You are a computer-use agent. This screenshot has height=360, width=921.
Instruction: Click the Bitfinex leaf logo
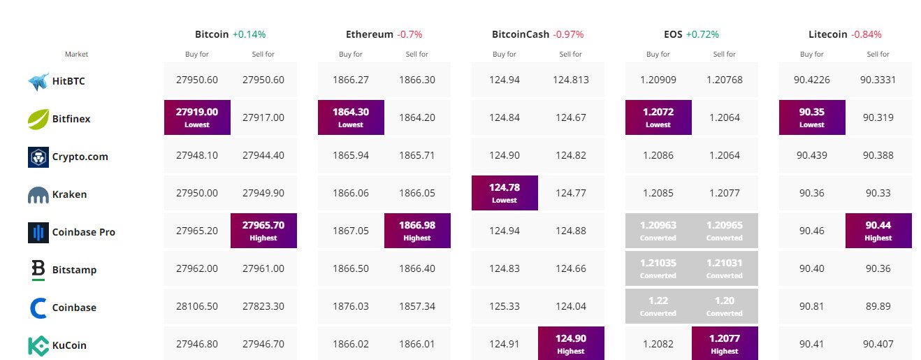pyautogui.click(x=38, y=119)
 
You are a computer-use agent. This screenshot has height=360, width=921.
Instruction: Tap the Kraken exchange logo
pyautogui.click(x=38, y=195)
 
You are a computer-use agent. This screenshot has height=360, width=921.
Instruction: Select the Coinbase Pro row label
pyautogui.click(x=83, y=232)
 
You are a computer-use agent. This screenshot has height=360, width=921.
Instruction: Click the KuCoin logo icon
pyautogui.click(x=38, y=345)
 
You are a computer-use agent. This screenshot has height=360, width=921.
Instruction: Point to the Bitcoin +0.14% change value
pyautogui.click(x=249, y=34)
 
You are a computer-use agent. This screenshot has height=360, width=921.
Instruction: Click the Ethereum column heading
pyautogui.click(x=369, y=34)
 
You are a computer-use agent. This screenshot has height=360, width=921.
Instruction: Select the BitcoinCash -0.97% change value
pyautogui.click(x=568, y=34)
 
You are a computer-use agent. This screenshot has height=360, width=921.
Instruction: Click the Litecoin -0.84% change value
pyautogui.click(x=866, y=34)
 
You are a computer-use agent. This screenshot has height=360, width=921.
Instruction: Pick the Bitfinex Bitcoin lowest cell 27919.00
pyautogui.click(x=197, y=117)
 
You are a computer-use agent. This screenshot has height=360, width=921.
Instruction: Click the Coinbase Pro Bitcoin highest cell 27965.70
pyautogui.click(x=263, y=230)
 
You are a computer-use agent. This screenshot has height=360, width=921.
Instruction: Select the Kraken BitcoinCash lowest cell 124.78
pyautogui.click(x=505, y=192)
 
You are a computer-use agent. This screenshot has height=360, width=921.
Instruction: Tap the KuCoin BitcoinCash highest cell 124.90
pyautogui.click(x=571, y=343)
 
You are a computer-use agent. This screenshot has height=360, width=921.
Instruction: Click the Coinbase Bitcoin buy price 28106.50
pyautogui.click(x=197, y=308)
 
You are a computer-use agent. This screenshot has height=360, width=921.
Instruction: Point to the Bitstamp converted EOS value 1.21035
pyautogui.click(x=658, y=268)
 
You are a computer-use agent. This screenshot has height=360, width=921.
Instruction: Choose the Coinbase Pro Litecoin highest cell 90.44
pyautogui.click(x=878, y=230)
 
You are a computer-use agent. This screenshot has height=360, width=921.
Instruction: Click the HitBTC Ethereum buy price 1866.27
pyautogui.click(x=351, y=80)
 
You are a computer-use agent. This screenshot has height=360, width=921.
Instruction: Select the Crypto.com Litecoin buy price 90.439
pyautogui.click(x=812, y=155)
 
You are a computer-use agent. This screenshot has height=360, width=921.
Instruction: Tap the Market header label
pyautogui.click(x=76, y=54)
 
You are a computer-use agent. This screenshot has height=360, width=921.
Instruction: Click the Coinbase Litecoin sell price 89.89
pyautogui.click(x=878, y=308)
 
